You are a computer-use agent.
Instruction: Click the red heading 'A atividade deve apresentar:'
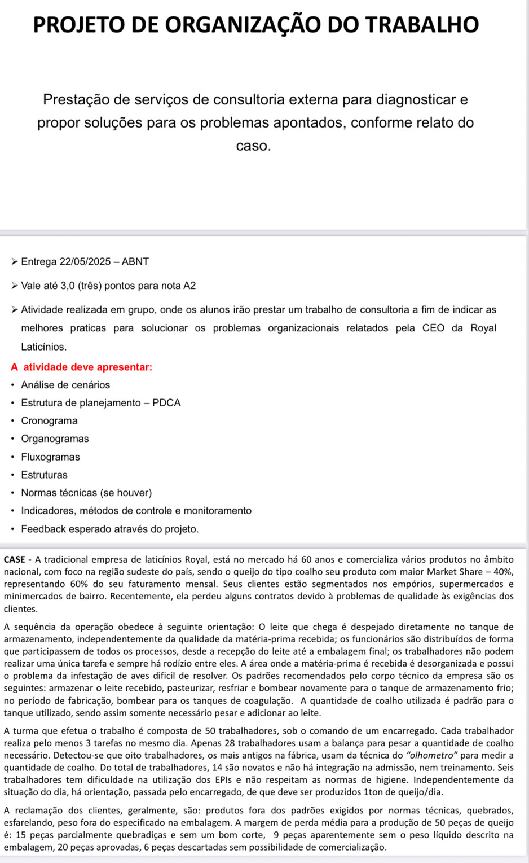click(81, 367)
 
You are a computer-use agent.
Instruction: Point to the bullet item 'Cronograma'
click(50, 421)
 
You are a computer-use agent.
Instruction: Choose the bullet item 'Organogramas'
click(55, 439)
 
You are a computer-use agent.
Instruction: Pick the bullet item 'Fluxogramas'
click(51, 457)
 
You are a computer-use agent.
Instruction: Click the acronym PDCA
click(166, 403)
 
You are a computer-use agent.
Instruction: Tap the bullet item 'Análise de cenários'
click(65, 385)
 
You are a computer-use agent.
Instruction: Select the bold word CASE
click(14, 560)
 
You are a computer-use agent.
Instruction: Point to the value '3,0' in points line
click(67, 286)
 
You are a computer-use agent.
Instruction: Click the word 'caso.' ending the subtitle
click(254, 146)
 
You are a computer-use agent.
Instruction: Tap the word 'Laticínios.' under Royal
click(44, 347)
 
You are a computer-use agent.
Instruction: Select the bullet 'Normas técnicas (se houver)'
click(86, 493)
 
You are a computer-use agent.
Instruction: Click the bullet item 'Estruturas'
click(44, 475)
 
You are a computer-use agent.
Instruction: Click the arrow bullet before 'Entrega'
click(15, 262)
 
